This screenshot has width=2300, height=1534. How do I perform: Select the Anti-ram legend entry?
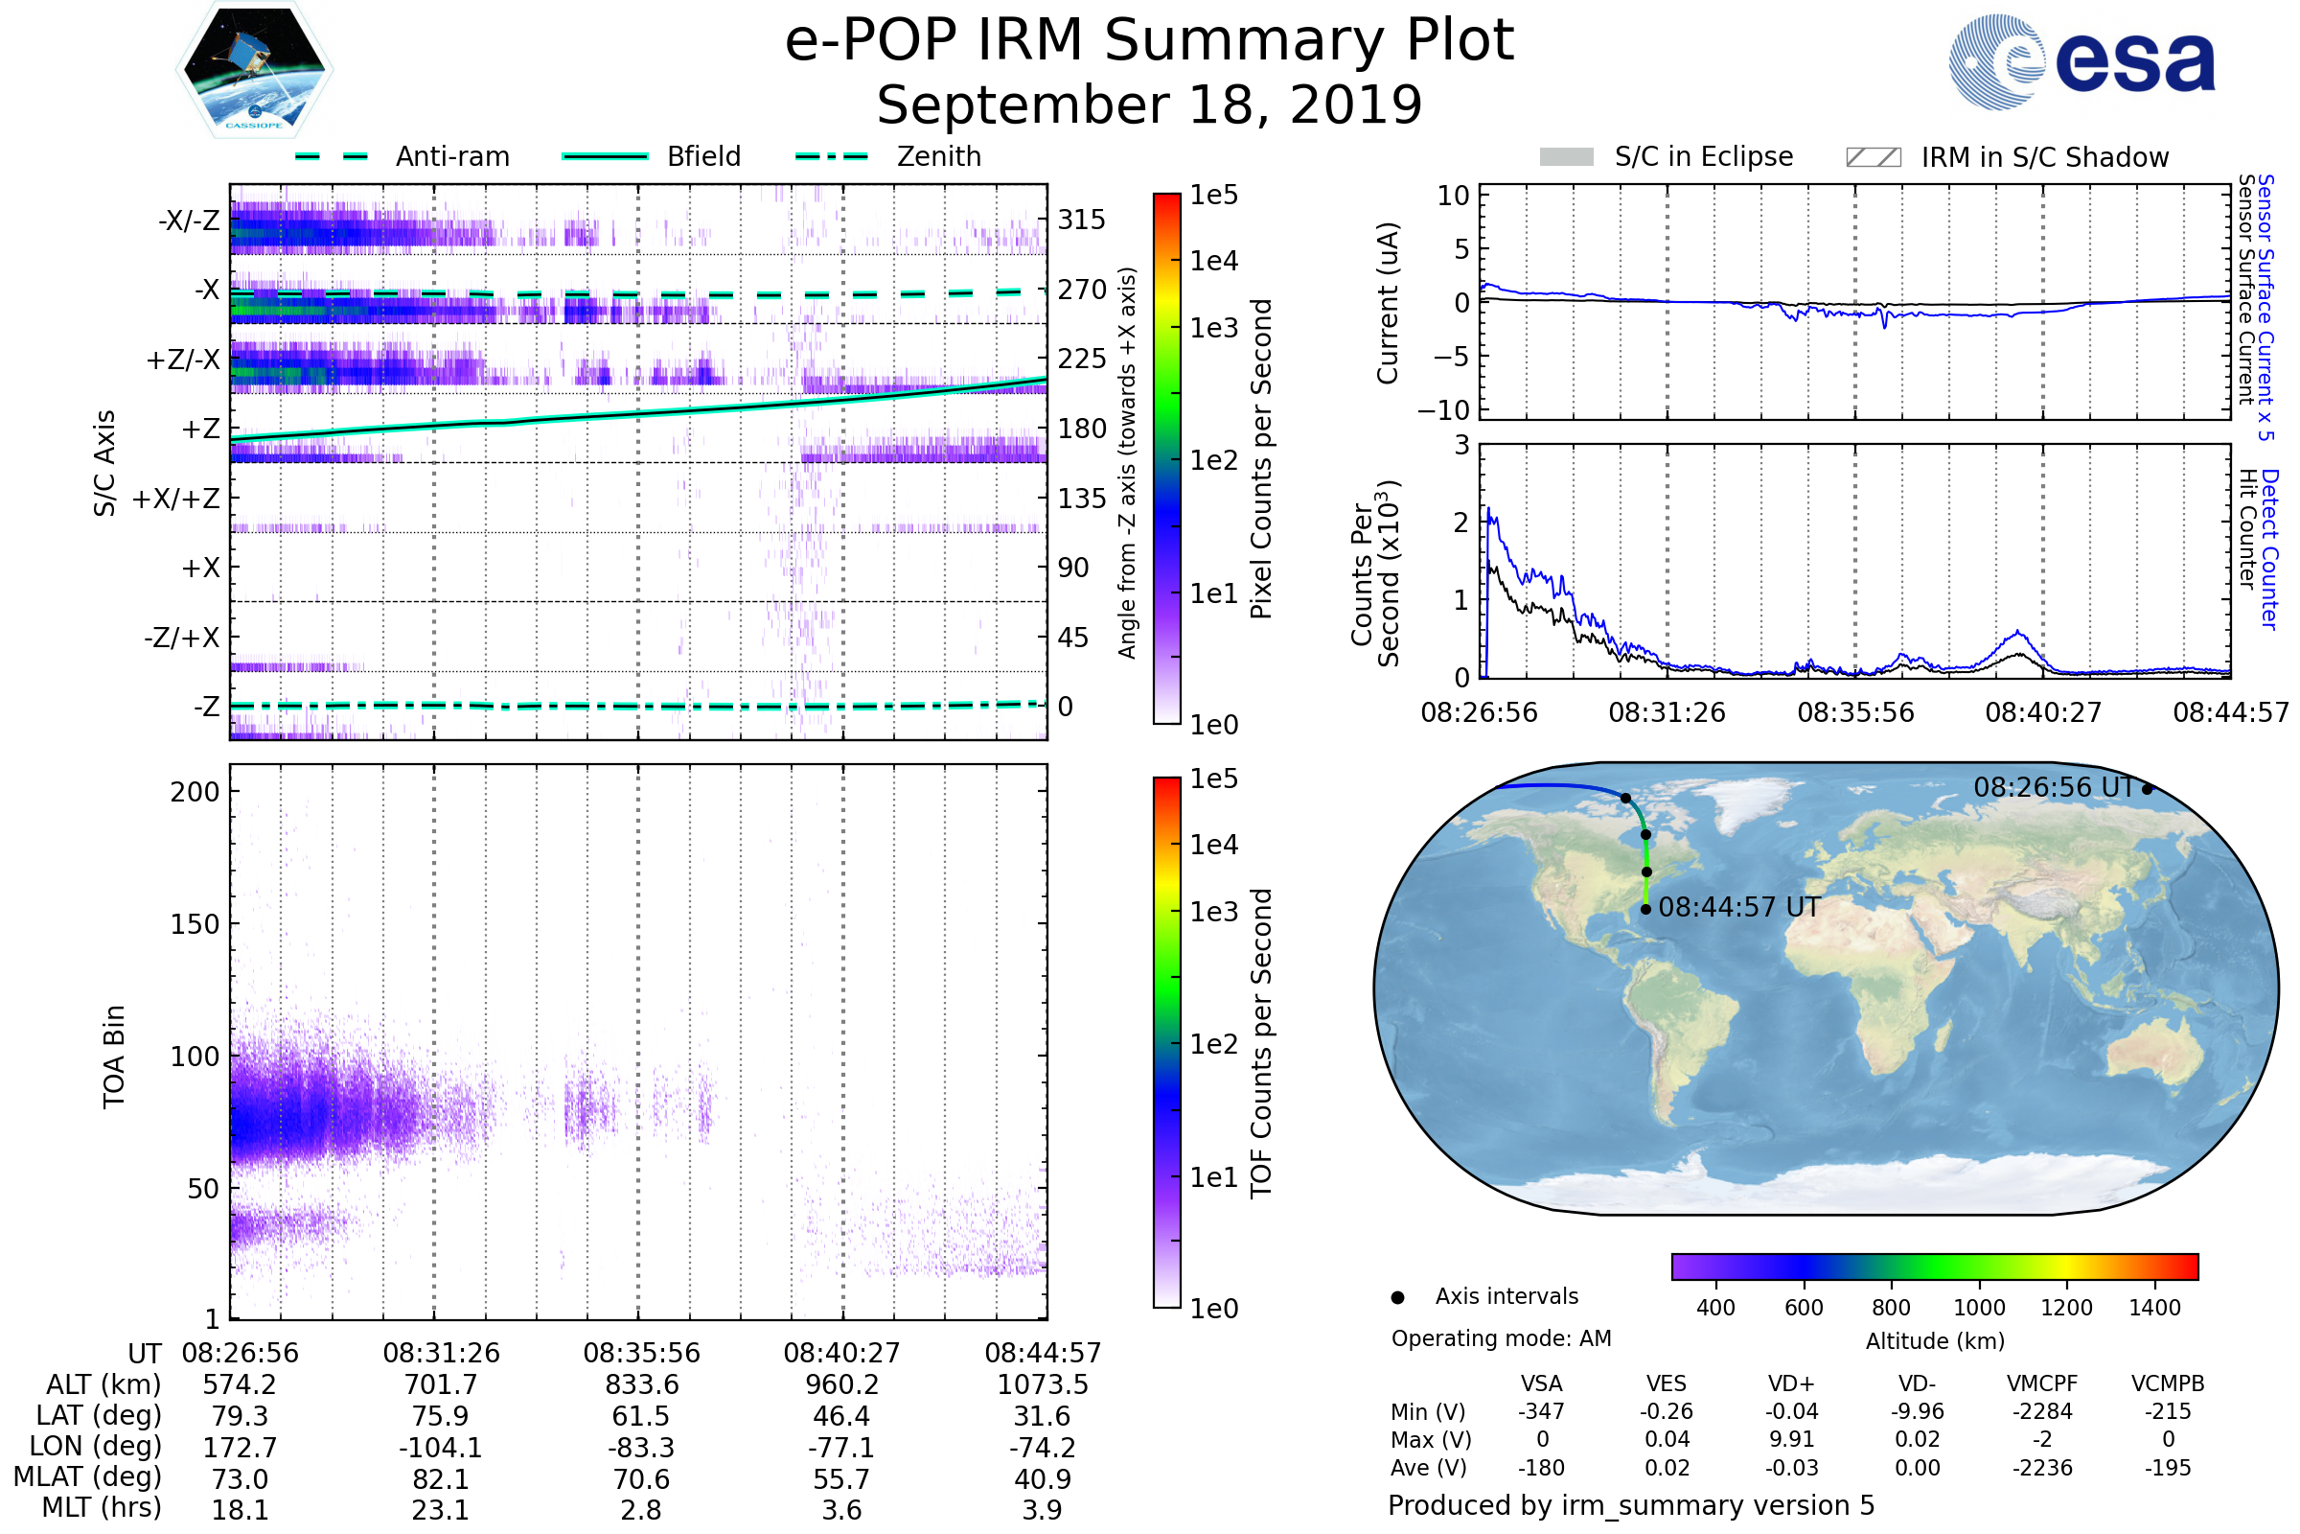tap(402, 156)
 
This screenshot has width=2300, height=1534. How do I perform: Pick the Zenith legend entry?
tap(888, 156)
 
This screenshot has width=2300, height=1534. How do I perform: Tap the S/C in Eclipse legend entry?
tap(1666, 156)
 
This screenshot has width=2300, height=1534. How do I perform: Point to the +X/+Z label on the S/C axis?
tap(176, 499)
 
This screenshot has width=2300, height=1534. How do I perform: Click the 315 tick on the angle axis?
tap(1082, 220)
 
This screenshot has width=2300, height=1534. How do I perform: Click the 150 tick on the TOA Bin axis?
tap(195, 924)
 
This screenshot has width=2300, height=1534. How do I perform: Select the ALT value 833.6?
tap(640, 1384)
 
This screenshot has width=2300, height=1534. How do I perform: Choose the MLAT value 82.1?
tap(441, 1479)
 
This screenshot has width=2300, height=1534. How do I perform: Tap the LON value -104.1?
tap(441, 1447)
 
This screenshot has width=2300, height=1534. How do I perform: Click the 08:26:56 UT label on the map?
tap(2053, 787)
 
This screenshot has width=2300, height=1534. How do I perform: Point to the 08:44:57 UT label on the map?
tap(1738, 908)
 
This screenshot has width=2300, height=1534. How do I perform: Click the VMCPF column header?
tap(2042, 1384)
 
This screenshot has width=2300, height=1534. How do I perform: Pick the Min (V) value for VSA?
tap(1541, 1411)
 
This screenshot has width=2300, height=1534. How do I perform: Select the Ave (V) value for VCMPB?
tap(2168, 1468)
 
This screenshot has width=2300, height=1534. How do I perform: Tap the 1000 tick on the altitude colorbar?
tap(1978, 1308)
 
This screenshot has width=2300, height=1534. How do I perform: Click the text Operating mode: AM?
tap(1501, 1338)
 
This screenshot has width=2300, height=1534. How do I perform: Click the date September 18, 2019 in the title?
tap(1149, 105)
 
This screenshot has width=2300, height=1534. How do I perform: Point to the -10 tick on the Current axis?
tap(1443, 409)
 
